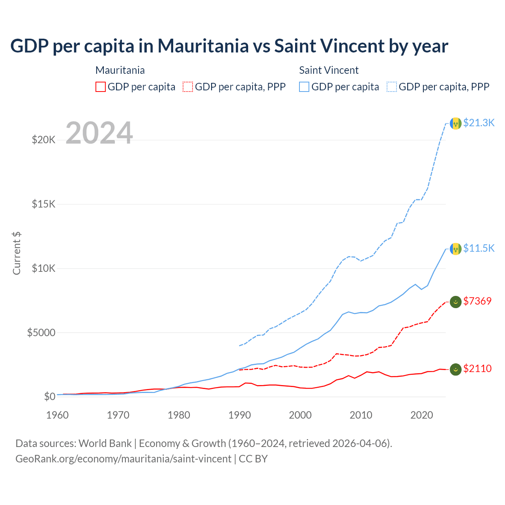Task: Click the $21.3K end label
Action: tap(479, 123)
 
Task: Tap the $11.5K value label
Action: tap(479, 248)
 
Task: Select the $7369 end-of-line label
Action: tap(477, 301)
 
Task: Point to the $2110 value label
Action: tap(477, 368)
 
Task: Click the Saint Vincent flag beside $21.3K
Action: tap(456, 123)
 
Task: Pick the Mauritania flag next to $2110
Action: tap(456, 369)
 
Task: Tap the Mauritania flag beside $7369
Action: tap(456, 302)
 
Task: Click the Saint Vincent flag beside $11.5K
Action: tap(456, 249)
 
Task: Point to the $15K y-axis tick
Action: tap(44, 204)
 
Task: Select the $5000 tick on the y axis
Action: tap(41, 333)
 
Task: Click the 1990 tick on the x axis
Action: tap(239, 415)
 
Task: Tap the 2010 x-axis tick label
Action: tap(361, 415)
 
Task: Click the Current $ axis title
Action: tap(17, 253)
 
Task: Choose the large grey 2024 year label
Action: tap(99, 133)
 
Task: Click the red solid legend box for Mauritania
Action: tap(101, 87)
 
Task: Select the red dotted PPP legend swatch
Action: tap(188, 87)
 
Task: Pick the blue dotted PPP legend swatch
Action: tap(392, 87)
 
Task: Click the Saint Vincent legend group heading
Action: tap(329, 70)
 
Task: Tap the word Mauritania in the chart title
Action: tap(203, 46)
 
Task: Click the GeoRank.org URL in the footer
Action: tap(123, 459)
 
